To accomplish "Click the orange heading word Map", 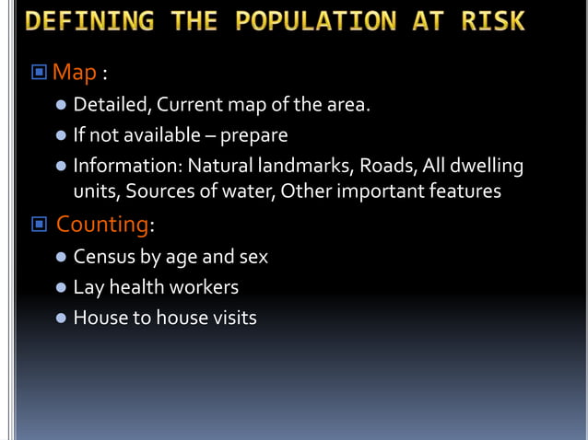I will tap(74, 72).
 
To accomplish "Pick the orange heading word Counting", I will tap(102, 224).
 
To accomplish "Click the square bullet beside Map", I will tap(39, 73).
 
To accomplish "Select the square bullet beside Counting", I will tap(39, 225).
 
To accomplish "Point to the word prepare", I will tap(253, 135).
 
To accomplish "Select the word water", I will tap(244, 191).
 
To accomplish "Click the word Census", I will tap(104, 257).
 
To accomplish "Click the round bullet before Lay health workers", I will tap(61, 288).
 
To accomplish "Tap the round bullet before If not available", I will tap(61, 136).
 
